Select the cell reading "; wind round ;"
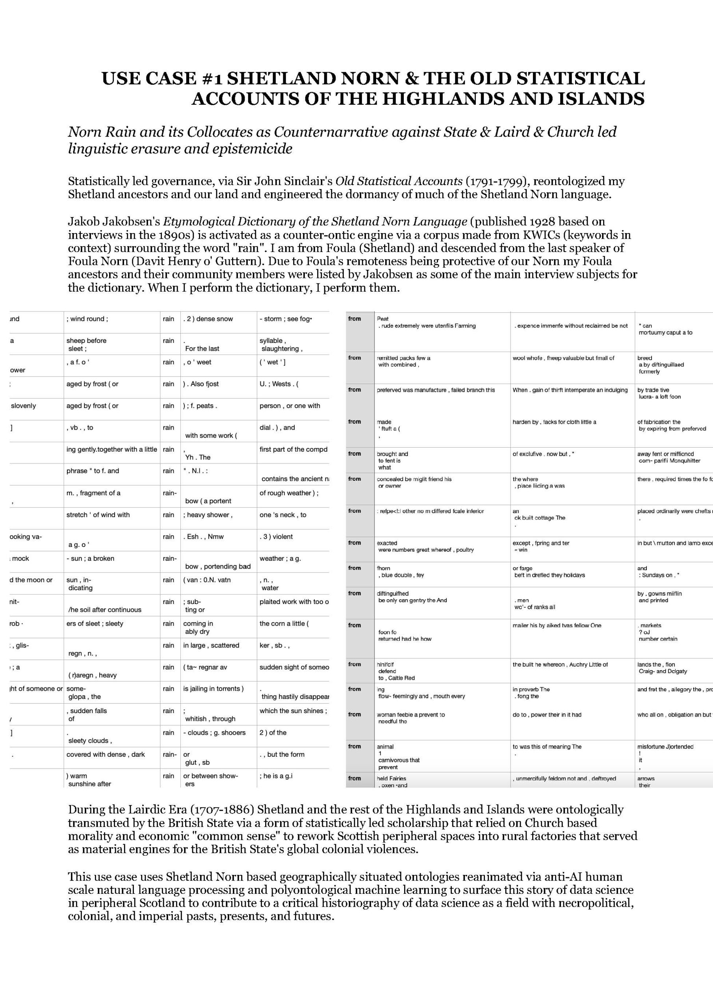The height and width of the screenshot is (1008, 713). (87, 319)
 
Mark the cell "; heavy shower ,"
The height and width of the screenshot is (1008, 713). (208, 515)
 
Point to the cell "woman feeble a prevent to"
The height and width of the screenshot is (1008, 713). (411, 715)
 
